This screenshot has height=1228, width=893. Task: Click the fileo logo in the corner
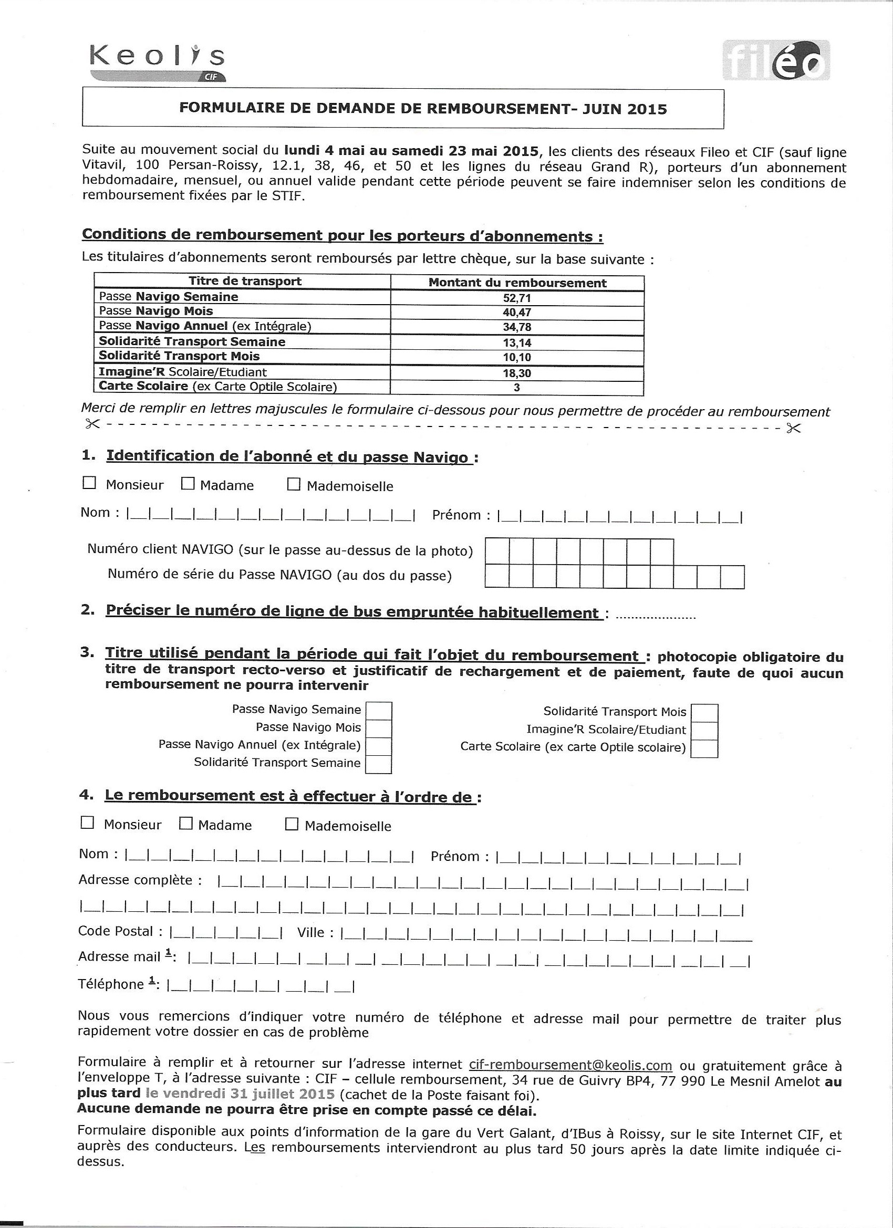tap(775, 60)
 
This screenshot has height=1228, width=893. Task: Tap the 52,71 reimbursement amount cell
tap(517, 298)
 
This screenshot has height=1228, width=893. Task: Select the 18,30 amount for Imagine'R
tap(517, 373)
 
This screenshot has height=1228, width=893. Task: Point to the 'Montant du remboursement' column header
tap(517, 283)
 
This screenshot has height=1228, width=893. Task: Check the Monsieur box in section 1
tap(89, 483)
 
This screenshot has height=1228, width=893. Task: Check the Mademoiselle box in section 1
tap(294, 484)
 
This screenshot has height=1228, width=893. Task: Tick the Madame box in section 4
tap(186, 824)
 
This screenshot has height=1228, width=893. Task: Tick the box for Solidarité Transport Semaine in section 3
tap(379, 764)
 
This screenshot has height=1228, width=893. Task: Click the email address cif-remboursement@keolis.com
tap(570, 1065)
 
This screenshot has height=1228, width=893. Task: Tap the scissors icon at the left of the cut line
tap(92, 424)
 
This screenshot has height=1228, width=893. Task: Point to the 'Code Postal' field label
tap(116, 931)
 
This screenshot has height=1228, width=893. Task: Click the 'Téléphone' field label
tap(110, 984)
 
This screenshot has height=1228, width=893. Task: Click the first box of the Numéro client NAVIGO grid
tap(496, 551)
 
